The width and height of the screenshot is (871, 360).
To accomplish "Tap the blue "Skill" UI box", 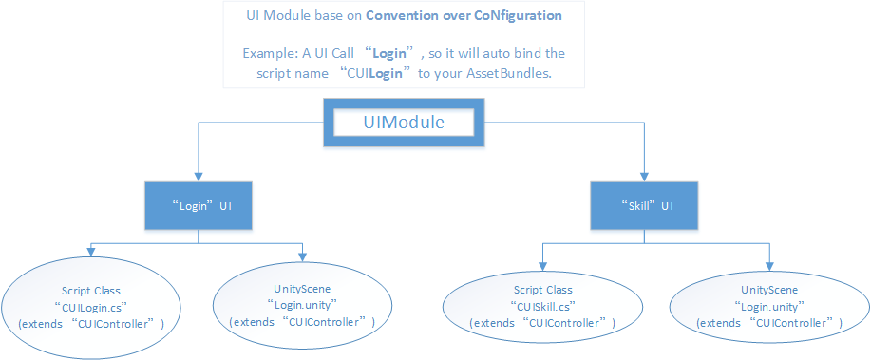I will pos(635,205).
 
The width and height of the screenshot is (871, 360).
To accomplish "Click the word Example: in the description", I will pos(275,55).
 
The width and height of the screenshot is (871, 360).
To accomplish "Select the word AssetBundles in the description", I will pos(507,74).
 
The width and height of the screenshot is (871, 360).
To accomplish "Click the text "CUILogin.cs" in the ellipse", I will pos(90,305).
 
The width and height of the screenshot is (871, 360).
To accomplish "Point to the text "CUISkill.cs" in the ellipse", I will pos(542,306).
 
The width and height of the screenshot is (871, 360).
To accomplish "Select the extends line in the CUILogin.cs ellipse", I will pos(90,323).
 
